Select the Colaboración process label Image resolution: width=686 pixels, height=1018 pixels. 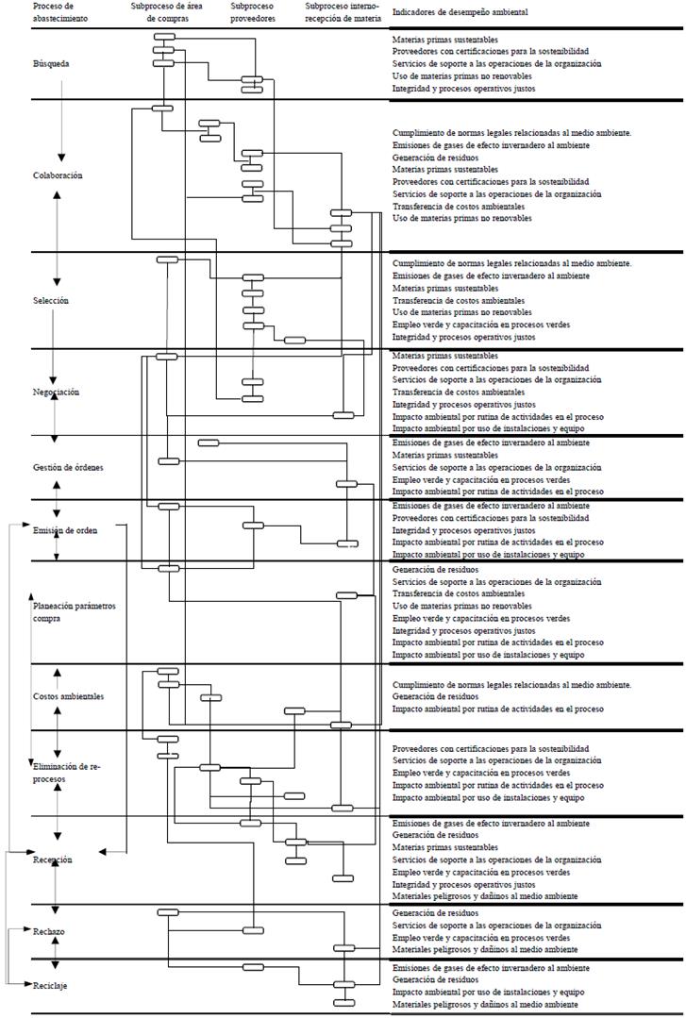(58, 175)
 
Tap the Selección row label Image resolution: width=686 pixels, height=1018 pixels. (50, 300)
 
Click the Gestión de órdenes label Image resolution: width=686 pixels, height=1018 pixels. (68, 468)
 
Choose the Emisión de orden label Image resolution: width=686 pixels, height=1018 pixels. (64, 530)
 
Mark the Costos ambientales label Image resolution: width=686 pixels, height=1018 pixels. (68, 696)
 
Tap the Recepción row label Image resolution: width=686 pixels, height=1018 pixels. (52, 859)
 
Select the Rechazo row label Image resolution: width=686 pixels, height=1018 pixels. (48, 931)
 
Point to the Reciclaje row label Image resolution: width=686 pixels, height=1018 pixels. (50, 986)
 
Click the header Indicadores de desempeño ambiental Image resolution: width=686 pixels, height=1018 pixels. (460, 12)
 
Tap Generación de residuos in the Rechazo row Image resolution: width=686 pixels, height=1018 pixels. (435, 913)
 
